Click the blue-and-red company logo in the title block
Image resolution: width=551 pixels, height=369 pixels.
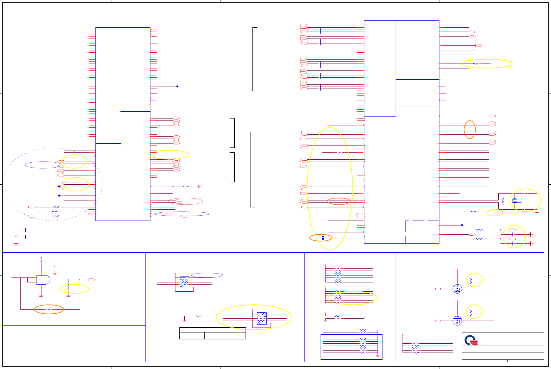[x=471, y=340]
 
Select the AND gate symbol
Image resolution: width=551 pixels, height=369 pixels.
[x=43, y=280]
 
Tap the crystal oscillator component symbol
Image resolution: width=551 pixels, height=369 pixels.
[x=515, y=200]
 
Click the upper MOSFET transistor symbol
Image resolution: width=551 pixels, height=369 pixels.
[x=457, y=289]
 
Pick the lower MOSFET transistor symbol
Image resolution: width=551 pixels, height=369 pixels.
[x=457, y=321]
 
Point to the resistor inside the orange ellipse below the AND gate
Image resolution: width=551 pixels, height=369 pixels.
[x=49, y=309]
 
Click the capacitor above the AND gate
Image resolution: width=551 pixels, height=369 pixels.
[x=55, y=267]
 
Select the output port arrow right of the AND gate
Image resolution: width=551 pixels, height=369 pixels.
[x=92, y=280]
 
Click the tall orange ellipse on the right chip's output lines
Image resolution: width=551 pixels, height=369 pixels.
[x=470, y=129]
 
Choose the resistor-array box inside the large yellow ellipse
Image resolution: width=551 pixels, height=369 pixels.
[x=262, y=318]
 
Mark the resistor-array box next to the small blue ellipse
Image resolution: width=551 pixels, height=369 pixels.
[x=184, y=282]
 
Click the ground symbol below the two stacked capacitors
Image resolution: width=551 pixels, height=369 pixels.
[x=16, y=244]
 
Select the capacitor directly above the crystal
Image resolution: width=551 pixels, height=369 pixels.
[x=524, y=194]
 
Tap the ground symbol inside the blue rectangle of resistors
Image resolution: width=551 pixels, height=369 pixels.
[x=378, y=356]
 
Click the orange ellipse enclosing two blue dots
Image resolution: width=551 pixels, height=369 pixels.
[x=321, y=238]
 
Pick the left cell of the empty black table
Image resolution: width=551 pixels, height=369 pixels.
[x=192, y=335]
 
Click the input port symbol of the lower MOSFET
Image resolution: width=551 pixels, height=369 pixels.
[x=438, y=321]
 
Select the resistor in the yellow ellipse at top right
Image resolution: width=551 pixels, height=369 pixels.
[x=477, y=64]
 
